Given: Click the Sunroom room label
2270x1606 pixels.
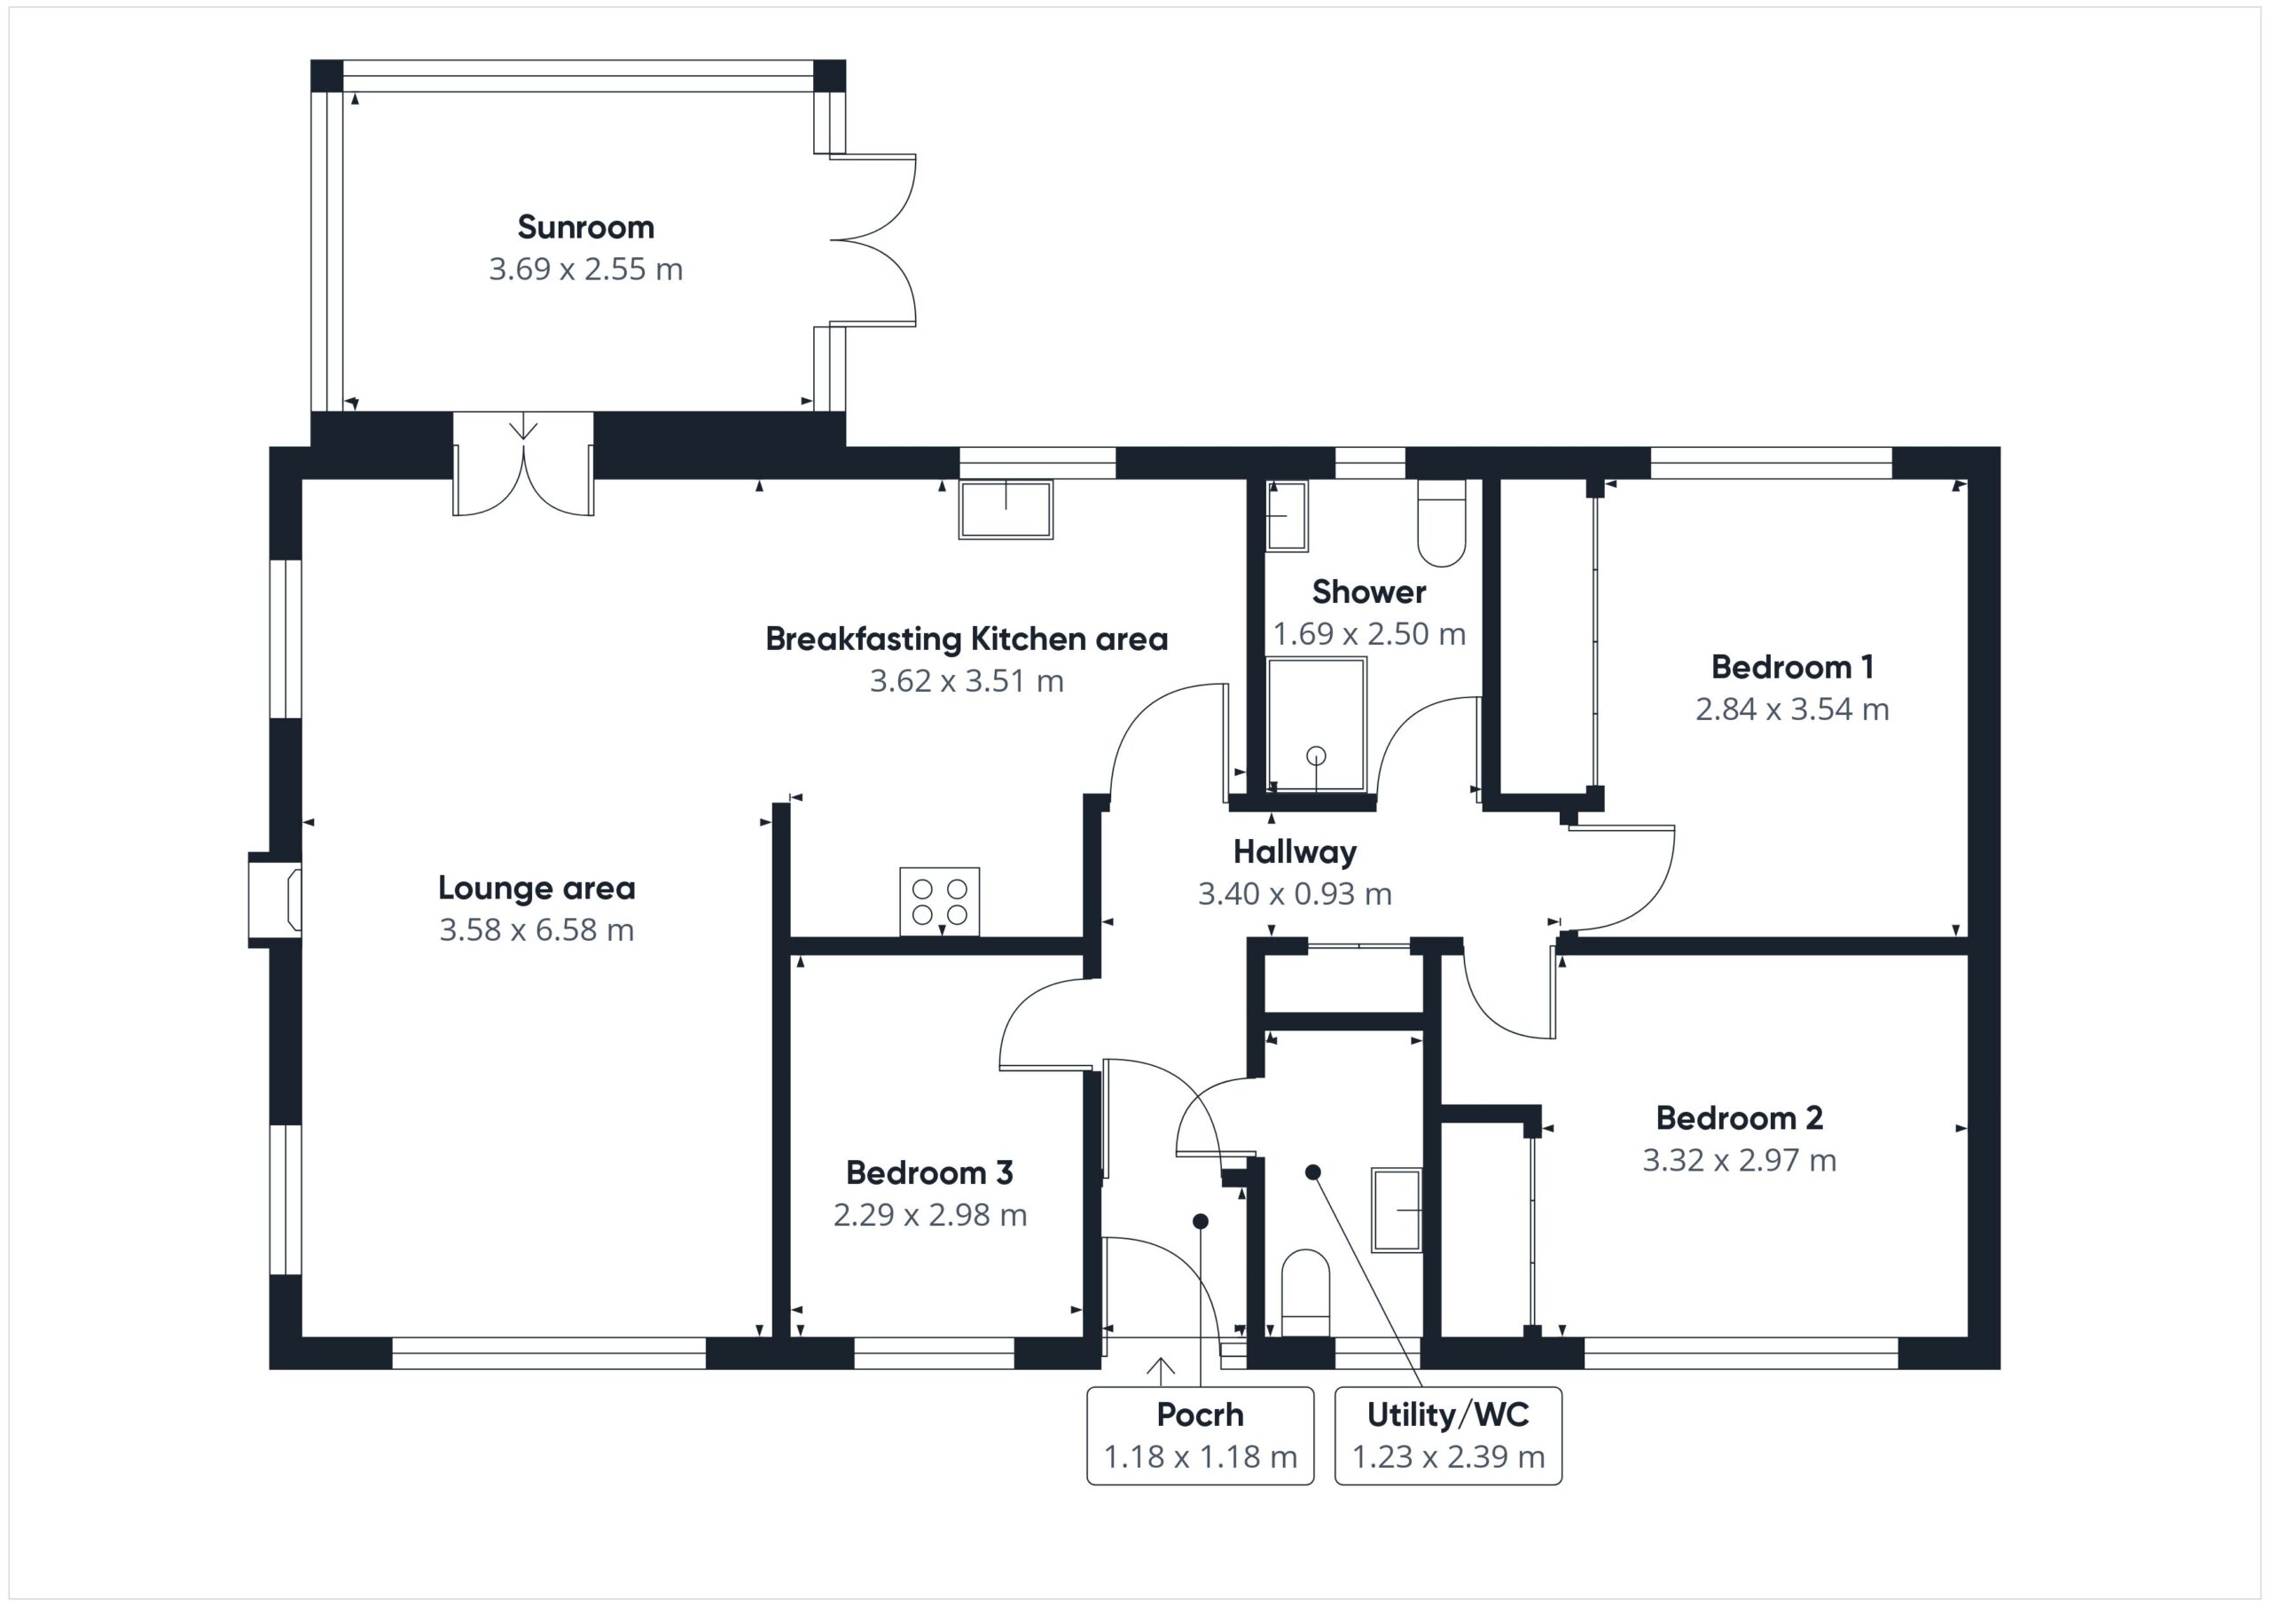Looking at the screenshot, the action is coord(585,227).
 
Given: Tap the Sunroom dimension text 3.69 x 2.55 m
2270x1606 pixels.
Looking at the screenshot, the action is coord(585,269).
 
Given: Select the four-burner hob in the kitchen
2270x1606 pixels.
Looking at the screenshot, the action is coord(939,901).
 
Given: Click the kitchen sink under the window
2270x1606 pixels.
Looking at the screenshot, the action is coord(1006,509).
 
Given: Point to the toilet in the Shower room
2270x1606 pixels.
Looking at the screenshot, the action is coord(1442,523).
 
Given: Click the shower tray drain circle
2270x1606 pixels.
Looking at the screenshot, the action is coord(1316,755).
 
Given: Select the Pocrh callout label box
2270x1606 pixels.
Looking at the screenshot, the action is coord(1201,1436).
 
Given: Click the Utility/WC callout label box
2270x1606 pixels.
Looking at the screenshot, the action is coord(1448,1436).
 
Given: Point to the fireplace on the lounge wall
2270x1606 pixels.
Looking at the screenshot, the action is coord(275,900).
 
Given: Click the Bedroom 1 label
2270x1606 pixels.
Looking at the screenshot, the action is coord(1792,668).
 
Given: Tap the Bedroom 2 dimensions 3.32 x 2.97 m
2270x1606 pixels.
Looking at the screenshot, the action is coord(1740,1160).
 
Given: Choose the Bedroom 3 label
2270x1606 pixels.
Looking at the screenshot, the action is coord(929,1173).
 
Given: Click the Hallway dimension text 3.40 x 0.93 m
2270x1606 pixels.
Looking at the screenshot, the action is coord(1295,894).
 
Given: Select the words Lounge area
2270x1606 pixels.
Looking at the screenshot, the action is coord(536,888).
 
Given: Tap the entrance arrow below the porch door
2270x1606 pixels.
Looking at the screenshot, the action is coord(1161,1367).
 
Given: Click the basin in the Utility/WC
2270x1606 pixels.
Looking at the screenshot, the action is coord(1397,1210).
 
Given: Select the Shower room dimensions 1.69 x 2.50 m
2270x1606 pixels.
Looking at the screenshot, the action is coord(1369,634).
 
